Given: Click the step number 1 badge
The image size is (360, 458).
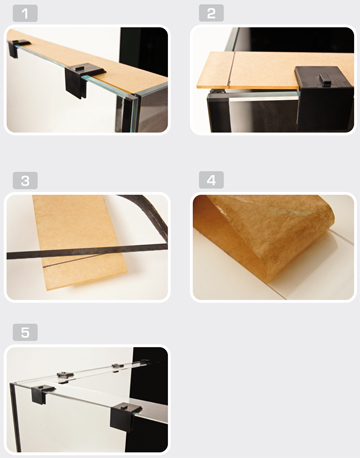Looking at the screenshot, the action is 25,13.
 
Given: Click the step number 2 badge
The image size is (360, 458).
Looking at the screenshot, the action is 211,13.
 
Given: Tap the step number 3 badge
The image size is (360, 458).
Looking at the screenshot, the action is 25,181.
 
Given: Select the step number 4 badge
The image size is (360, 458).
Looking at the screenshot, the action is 211,180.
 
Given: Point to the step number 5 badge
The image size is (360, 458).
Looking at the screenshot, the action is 25,332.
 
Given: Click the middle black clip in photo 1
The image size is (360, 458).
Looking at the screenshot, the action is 83,79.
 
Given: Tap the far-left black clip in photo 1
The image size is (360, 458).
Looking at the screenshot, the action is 17,47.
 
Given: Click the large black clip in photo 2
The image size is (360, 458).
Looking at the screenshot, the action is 323,97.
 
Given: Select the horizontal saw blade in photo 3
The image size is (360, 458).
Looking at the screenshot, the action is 87,252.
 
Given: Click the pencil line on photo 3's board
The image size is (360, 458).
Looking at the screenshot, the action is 72,261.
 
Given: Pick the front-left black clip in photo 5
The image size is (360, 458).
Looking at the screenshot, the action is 42,393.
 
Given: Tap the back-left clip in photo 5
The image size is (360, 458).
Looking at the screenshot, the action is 65,377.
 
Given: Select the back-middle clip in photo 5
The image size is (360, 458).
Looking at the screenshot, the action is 117,367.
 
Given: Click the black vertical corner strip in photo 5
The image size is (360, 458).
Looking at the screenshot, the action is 15,417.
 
